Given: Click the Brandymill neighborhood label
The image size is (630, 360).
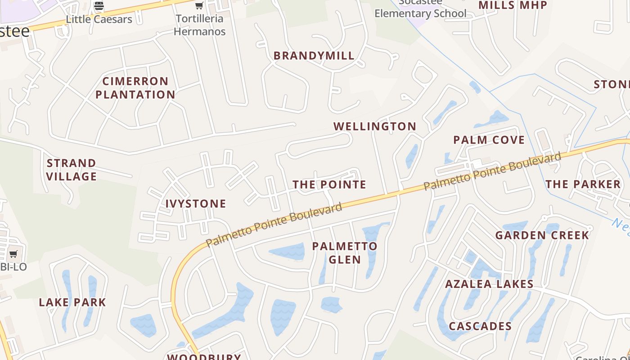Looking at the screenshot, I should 314,56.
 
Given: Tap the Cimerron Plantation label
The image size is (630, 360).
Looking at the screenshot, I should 135,88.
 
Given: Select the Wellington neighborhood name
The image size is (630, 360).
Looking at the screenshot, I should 375,126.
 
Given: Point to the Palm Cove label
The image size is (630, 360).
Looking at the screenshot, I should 489,140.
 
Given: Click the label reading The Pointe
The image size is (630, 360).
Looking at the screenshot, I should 329,184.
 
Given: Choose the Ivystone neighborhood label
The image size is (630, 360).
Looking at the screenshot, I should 196,204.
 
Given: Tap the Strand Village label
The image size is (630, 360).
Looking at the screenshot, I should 72,170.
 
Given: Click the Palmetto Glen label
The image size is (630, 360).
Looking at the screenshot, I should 345,253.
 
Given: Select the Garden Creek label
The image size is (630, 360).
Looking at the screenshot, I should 542,235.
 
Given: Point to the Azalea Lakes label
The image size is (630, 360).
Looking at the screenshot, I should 489,284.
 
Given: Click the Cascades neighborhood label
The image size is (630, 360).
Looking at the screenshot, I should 480,326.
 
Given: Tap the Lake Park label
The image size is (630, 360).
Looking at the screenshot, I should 72,302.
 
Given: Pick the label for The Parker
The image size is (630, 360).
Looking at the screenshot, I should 583,184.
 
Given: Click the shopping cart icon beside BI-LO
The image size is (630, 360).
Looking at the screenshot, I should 13,254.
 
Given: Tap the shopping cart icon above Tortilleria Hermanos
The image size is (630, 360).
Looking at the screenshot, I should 199,6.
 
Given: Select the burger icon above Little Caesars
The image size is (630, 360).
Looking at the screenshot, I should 99,6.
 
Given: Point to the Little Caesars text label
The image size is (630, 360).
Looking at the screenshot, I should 99,19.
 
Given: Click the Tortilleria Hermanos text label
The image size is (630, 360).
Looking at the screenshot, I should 199,25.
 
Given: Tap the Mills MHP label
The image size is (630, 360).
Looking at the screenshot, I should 513,5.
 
